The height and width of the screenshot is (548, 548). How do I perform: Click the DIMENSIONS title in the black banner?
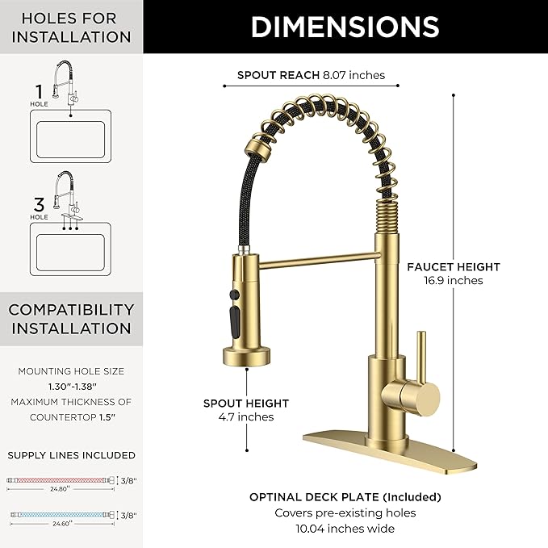(345, 27)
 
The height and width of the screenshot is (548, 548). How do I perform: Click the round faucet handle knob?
(422, 395)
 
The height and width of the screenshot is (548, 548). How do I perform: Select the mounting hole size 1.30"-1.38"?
(71, 387)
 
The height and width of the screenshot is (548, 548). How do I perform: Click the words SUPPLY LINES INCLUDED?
(71, 455)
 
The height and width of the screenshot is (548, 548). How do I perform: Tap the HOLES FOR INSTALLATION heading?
(71, 27)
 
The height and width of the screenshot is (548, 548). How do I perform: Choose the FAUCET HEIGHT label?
(454, 266)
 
